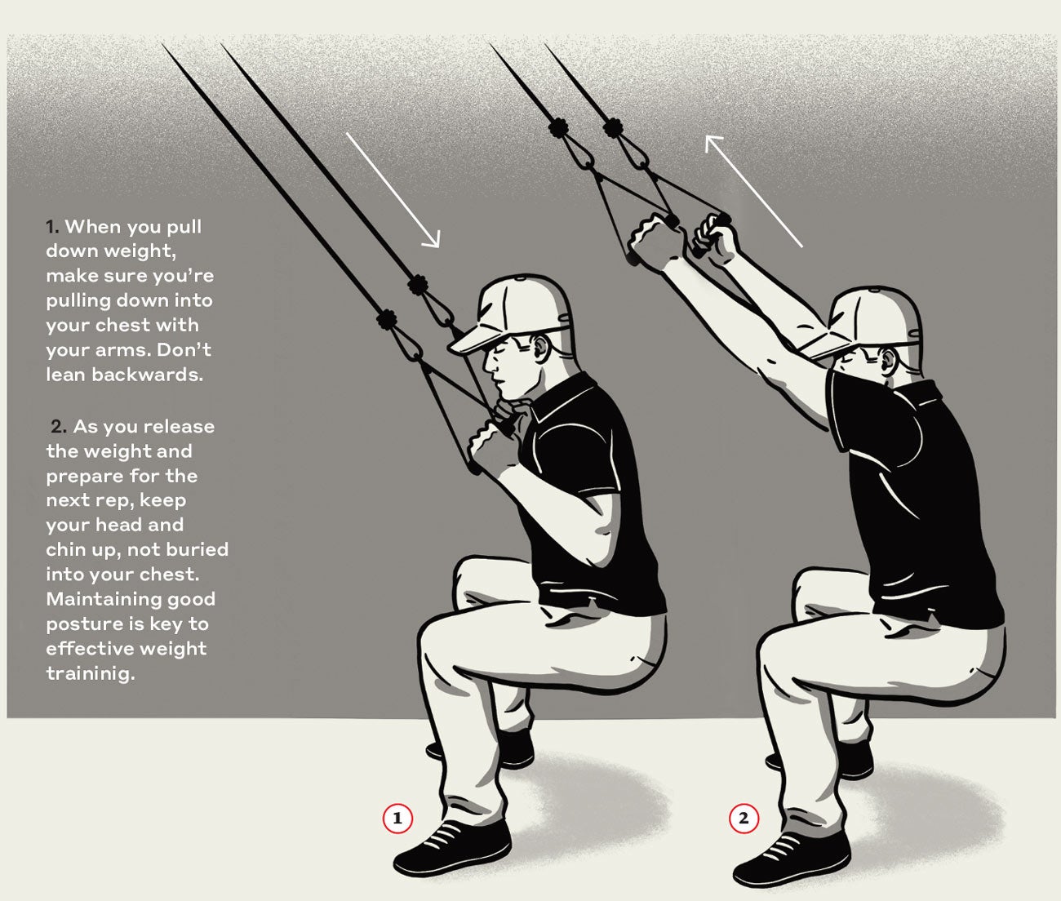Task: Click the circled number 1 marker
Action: point(397,818)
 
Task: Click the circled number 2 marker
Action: point(743,818)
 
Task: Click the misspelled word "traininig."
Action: point(90,673)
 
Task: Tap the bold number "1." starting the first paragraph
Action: point(53,227)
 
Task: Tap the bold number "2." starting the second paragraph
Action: point(59,427)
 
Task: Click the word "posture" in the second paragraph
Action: point(83,624)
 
